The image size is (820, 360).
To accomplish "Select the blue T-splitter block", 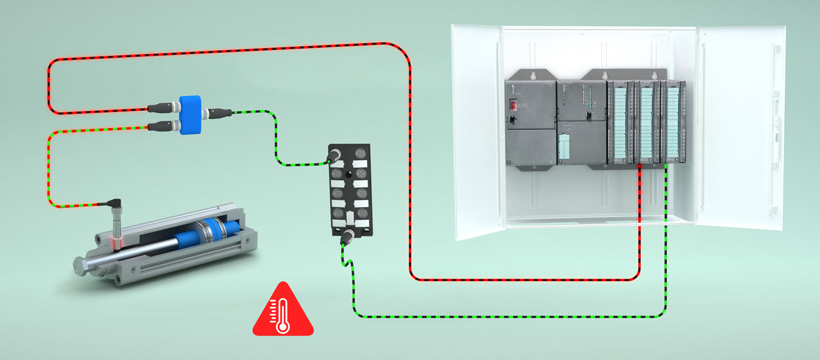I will tap(190, 114).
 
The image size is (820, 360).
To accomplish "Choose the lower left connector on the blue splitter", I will tap(159, 126).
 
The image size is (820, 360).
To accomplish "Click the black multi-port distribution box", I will tap(349, 190).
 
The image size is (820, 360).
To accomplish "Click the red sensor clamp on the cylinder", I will tap(117, 242).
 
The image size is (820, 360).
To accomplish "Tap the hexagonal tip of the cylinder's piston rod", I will tap(81, 264).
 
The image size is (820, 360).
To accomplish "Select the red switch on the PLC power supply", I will tap(512, 104).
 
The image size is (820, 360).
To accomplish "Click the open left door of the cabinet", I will tap(478, 131).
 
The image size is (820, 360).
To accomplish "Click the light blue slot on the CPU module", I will tap(564, 148).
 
